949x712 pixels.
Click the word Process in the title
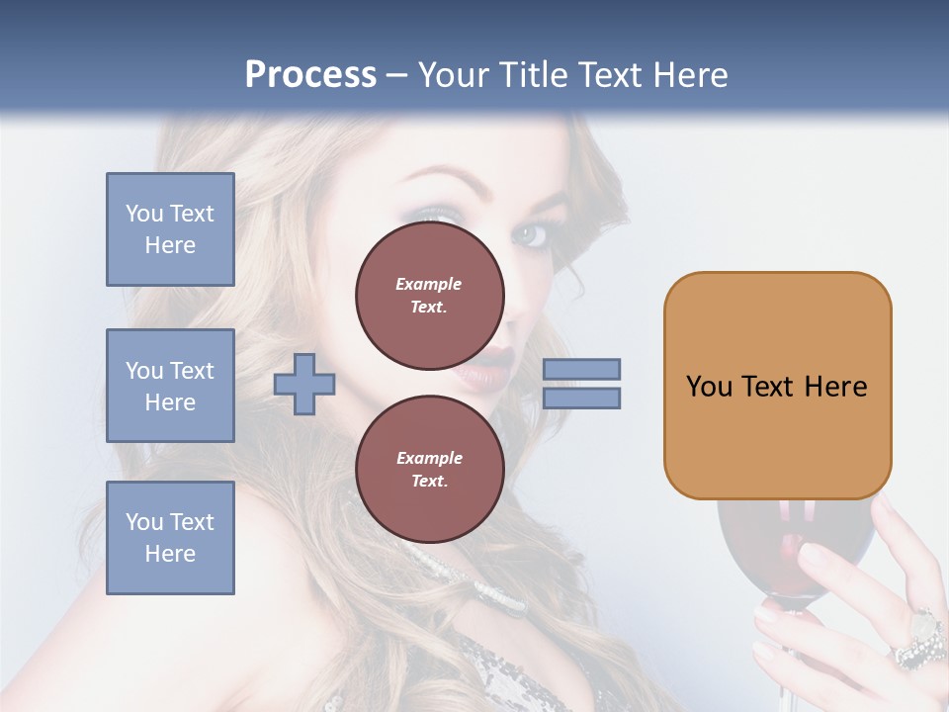click(310, 75)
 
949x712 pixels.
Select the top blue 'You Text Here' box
click(170, 229)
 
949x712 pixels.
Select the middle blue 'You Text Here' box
click(170, 386)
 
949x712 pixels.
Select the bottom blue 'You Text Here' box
click(170, 538)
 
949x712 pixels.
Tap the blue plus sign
click(304, 386)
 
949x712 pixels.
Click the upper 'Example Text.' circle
click(429, 296)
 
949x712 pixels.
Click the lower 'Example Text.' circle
click(429, 470)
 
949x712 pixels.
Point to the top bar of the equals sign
click(581, 369)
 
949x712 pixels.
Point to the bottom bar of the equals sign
click(581, 398)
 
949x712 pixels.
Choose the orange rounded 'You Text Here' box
click(777, 386)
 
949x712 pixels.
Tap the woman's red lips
click(472, 374)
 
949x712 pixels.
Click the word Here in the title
click(690, 75)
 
